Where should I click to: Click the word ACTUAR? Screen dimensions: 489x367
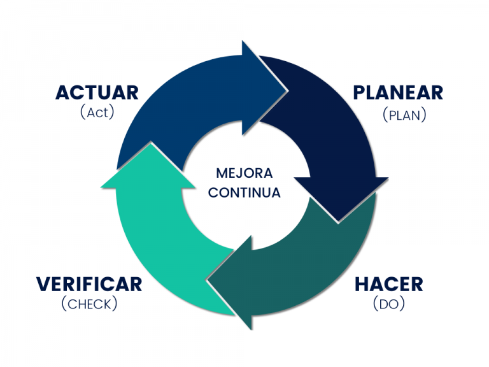pos(97,92)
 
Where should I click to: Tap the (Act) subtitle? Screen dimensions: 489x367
pos(97,112)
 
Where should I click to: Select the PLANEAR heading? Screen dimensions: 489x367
pos(398,92)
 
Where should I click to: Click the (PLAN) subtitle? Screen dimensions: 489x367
pos(404,115)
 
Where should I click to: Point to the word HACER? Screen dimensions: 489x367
pos(389,284)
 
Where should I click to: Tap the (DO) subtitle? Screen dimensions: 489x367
pos(389,304)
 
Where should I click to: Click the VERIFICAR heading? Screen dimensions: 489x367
pos(89,284)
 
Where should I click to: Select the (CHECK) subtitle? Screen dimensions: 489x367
pos(90,304)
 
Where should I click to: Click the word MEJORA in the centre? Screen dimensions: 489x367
pos(244,173)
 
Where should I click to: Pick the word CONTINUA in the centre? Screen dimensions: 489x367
pos(244,192)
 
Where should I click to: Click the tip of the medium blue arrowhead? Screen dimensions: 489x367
pos(287,91)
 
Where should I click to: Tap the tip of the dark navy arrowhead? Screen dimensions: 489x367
pos(338,222)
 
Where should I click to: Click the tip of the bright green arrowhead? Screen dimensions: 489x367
pos(151,144)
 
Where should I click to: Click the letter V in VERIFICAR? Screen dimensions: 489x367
pos(43,284)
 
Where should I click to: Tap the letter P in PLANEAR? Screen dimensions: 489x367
pos(358,92)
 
